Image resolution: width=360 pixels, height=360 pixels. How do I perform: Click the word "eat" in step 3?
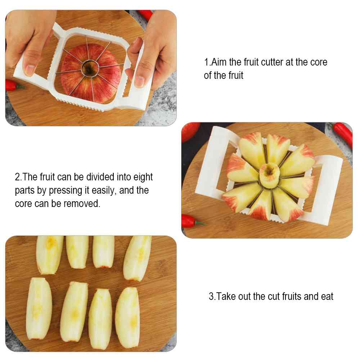click(327, 296)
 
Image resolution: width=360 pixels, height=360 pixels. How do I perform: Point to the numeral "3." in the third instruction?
click(212, 296)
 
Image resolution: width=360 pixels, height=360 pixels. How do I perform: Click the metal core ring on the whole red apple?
click(90, 68)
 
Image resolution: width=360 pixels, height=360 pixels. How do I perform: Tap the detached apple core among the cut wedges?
click(270, 175)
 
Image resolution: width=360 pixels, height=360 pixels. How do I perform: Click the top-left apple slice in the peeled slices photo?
click(49, 255)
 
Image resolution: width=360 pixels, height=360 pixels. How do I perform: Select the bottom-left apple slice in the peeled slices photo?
click(39, 309)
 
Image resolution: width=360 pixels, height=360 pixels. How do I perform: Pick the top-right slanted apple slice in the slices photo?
click(137, 258)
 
